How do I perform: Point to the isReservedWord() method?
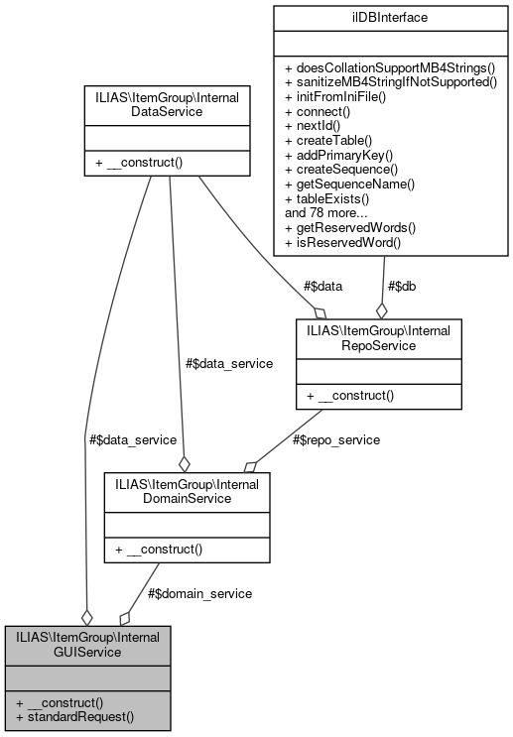pyautogui.click(x=343, y=241)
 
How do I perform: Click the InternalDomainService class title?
pyautogui.click(x=187, y=491)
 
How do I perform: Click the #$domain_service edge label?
pyautogui.click(x=199, y=592)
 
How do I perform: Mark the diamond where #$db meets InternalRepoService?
pyautogui.click(x=382, y=309)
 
